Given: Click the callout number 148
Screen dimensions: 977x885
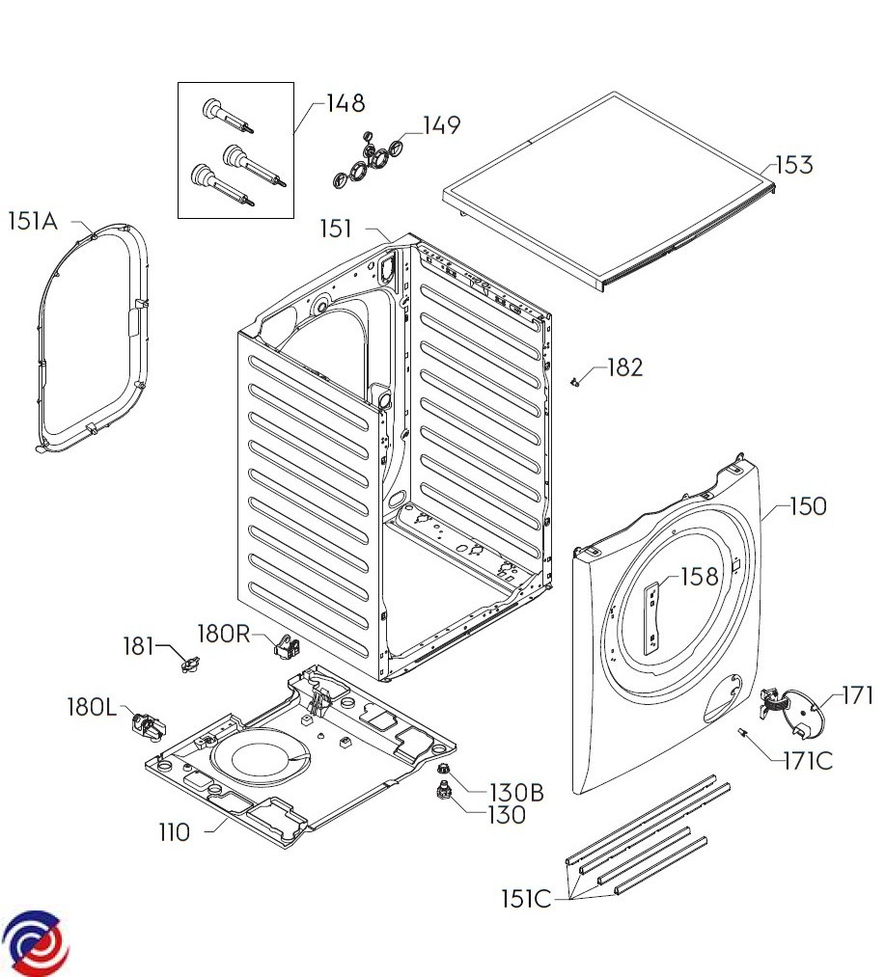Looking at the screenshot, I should point(346,103).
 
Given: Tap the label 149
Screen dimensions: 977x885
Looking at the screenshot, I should point(441,125).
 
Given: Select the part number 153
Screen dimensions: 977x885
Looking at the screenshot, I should point(793,165).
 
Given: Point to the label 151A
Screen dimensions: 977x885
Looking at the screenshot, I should point(33,222).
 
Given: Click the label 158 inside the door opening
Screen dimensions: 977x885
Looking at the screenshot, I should point(700,577).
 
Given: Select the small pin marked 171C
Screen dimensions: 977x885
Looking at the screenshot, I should point(745,734).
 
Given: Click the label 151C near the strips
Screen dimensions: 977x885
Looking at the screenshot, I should point(526,899).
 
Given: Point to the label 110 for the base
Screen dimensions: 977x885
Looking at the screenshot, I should point(176,831).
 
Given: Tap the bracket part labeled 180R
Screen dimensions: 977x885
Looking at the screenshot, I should point(287,645).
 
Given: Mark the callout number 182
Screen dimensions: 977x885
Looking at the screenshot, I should point(624,367).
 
